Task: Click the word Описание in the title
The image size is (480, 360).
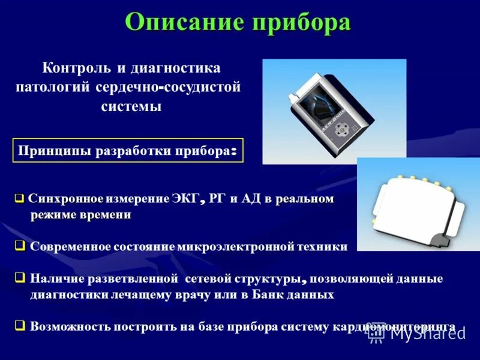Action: pyautogui.click(x=185, y=23)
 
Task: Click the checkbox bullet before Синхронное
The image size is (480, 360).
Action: pyautogui.click(x=19, y=199)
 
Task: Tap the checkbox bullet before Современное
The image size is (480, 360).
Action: pyautogui.click(x=20, y=245)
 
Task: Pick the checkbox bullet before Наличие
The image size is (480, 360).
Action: pyautogui.click(x=20, y=278)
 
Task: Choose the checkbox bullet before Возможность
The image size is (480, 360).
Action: pyautogui.click(x=20, y=326)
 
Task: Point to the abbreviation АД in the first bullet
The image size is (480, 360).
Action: pyautogui.click(x=250, y=199)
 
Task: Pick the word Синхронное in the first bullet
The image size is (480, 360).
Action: pyautogui.click(x=66, y=199)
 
